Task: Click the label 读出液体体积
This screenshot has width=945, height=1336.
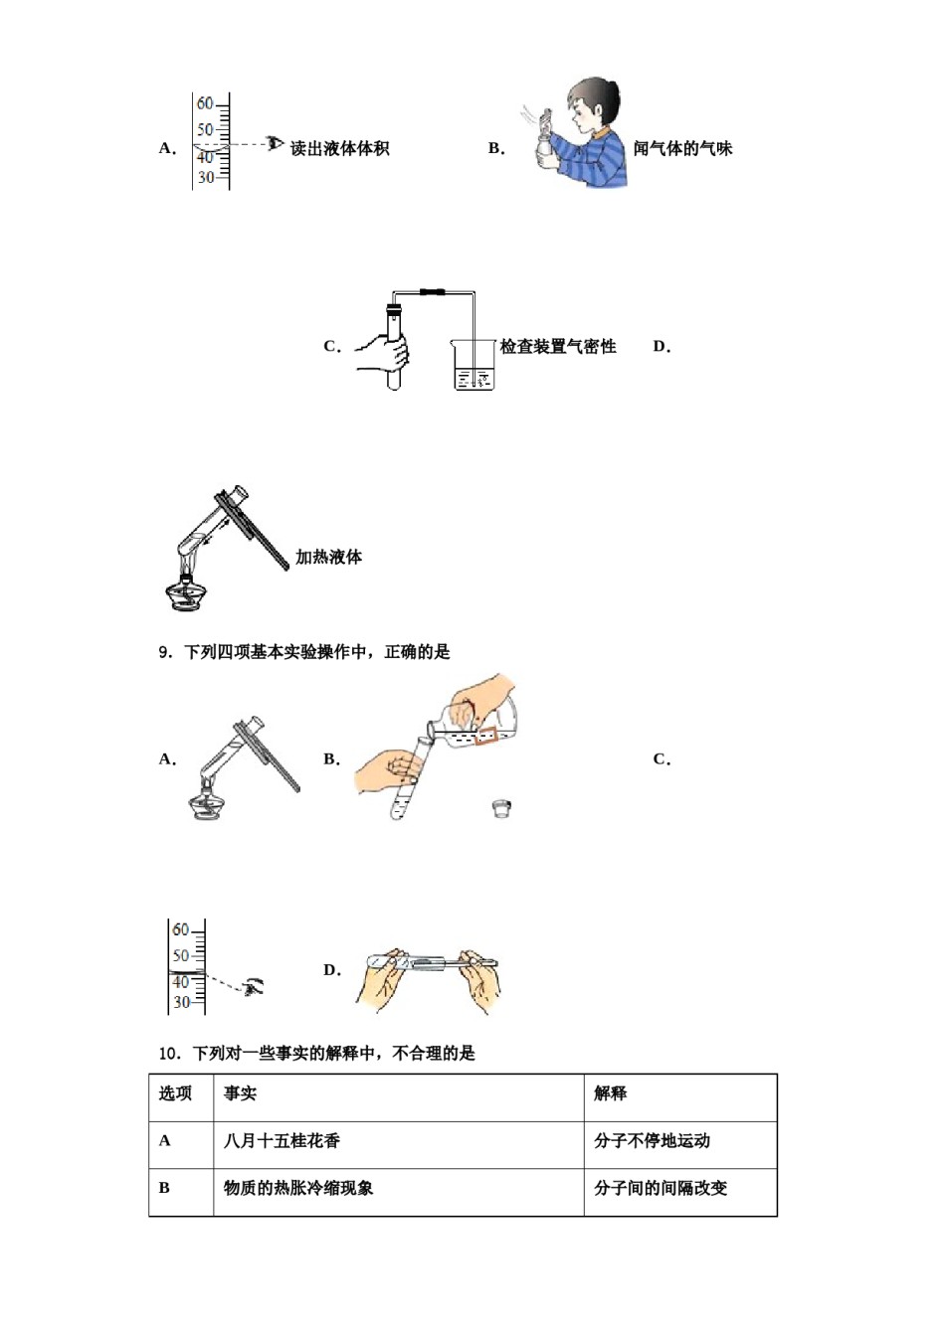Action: click(339, 149)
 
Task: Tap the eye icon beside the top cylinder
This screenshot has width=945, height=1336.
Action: click(276, 144)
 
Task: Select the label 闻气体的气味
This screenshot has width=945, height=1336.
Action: click(682, 149)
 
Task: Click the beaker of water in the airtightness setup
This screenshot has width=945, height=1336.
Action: click(473, 366)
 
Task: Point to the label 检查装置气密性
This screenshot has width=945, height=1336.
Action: click(558, 347)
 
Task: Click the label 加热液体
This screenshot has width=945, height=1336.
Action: click(328, 558)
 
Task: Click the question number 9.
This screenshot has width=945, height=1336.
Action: click(166, 652)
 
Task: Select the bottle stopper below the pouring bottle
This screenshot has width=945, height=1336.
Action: click(501, 808)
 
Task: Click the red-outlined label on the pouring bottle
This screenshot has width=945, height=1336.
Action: click(485, 736)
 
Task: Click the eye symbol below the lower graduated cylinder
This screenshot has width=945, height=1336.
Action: click(254, 986)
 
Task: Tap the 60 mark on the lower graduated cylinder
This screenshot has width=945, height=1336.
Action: click(180, 930)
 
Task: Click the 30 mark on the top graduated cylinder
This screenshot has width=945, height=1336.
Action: click(205, 178)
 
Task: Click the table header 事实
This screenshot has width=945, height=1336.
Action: click(240, 1093)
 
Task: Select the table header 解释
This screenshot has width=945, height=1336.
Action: click(611, 1093)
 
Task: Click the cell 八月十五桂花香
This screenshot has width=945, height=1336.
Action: click(282, 1141)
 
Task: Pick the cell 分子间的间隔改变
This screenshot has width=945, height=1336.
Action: click(661, 1188)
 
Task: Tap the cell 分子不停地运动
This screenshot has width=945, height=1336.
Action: click(652, 1141)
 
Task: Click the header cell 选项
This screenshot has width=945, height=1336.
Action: click(175, 1093)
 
